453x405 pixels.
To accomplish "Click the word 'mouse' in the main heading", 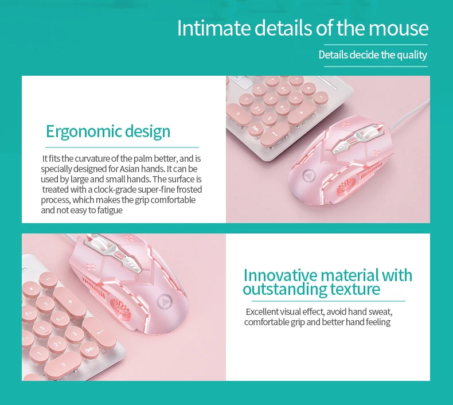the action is [x=399, y=28].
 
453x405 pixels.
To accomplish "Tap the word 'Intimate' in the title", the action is [x=214, y=28].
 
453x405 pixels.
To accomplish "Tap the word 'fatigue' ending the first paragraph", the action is [x=110, y=210].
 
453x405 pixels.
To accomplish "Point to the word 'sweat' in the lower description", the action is [x=381, y=312].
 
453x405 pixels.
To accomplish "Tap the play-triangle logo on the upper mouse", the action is [x=309, y=176].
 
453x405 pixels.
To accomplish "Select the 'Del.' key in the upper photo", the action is [x=255, y=128].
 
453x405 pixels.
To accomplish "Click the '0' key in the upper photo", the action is [x=239, y=114].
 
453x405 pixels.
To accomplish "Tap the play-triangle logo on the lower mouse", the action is [x=165, y=302].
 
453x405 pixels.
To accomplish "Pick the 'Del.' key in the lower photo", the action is [x=89, y=351].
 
